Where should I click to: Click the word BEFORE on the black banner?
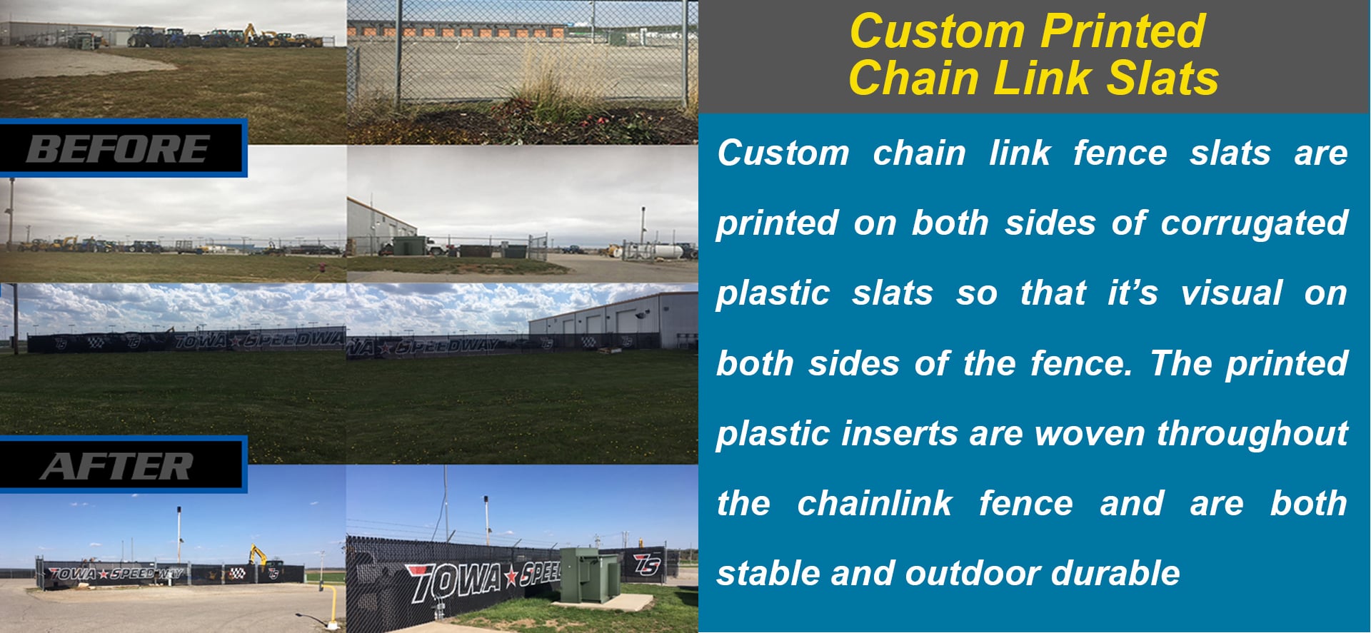[118, 149]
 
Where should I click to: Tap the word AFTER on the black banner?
[116, 467]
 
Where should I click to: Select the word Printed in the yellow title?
[1123, 31]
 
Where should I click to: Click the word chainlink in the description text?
[875, 502]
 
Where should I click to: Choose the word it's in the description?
[1133, 293]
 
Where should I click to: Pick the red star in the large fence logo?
[511, 577]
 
